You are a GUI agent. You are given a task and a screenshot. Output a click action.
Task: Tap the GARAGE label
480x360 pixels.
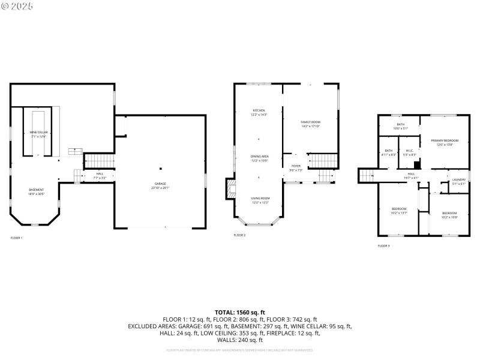tap(160, 184)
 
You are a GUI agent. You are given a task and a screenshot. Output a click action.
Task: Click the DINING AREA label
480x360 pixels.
tap(259, 158)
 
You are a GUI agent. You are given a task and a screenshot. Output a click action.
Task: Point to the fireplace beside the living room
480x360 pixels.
tap(229, 190)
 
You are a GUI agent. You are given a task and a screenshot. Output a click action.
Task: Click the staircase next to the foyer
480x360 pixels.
tap(325, 176)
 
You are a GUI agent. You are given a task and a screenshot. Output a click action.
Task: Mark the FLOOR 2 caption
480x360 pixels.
tap(239, 235)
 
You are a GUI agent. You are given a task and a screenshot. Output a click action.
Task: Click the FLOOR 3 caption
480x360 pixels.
tap(383, 246)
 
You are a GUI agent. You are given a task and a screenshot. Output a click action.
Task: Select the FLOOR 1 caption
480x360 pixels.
tap(16, 238)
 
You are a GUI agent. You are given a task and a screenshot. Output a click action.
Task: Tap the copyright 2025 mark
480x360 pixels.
tap(17, 5)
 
